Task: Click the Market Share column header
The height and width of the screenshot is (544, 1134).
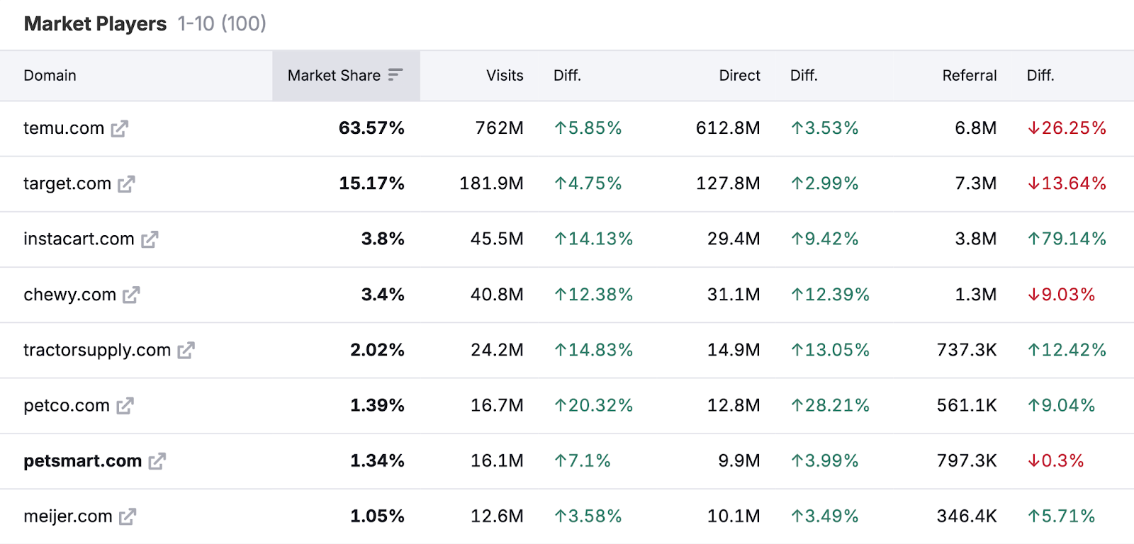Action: tap(334, 76)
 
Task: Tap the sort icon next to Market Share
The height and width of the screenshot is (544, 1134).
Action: tap(395, 75)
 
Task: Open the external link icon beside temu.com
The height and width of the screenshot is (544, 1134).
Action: tap(120, 129)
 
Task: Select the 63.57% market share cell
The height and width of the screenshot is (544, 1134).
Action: tap(371, 128)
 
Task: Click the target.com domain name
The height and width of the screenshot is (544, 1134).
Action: tap(67, 183)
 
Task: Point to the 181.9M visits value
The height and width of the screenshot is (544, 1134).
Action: tap(491, 183)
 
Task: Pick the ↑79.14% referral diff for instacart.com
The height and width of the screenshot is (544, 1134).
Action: tap(1067, 239)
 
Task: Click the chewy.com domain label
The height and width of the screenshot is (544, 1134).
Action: tap(69, 295)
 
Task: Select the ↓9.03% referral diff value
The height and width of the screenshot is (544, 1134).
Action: tap(1061, 295)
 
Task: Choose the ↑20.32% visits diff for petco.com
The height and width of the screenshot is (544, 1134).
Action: tap(593, 405)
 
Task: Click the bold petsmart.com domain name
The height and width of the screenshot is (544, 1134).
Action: tap(82, 461)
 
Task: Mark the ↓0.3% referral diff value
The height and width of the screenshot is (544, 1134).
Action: tap(1055, 461)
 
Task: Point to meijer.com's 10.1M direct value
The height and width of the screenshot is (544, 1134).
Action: tap(734, 516)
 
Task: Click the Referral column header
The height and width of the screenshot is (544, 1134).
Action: tap(969, 76)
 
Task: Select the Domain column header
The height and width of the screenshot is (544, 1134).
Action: tap(50, 76)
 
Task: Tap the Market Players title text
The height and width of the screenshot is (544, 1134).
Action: tap(95, 24)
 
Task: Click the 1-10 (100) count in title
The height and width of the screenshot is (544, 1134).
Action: tap(222, 24)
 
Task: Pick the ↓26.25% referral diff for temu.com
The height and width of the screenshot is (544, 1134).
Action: tap(1067, 128)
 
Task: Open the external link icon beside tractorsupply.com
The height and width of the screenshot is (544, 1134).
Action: tap(186, 351)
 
